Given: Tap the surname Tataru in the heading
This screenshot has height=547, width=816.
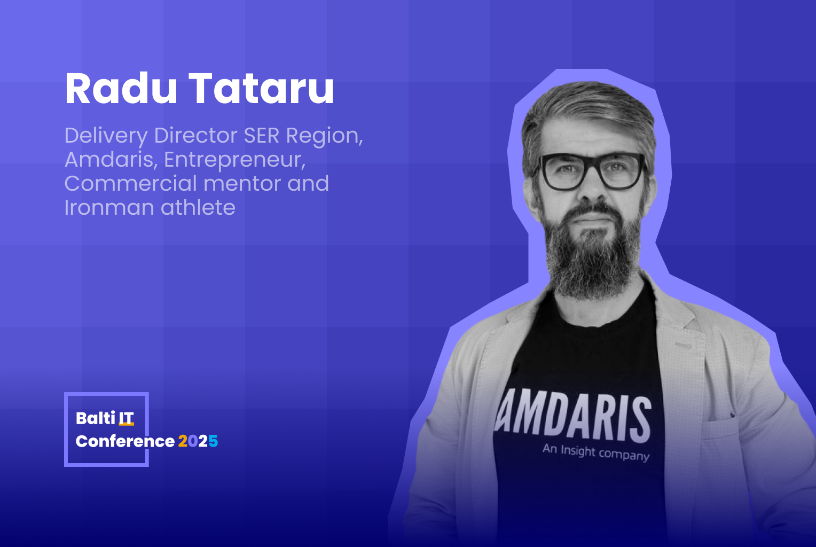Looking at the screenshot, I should coord(261,88).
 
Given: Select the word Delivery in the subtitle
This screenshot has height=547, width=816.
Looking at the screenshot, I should coord(106,136).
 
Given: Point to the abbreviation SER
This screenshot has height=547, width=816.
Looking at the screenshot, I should coord(262,136).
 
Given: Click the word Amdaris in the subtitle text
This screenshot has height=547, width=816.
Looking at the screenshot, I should coord(109,160).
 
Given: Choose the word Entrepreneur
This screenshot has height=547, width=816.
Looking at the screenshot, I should coord(234,160).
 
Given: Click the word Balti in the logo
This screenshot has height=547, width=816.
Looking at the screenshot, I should coord(96,418).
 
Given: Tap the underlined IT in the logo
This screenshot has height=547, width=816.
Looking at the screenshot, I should coord(126,418).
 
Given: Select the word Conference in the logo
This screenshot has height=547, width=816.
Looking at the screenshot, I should coord(125,441).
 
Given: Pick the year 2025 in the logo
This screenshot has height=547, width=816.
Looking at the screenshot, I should coord(198,441).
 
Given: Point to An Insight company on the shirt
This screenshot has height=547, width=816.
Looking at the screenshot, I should coord(596,452).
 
